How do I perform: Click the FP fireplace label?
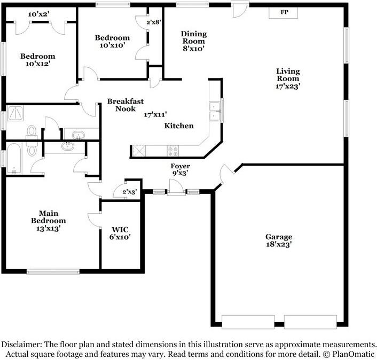pyautogui.click(x=284, y=12)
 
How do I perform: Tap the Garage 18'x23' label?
pyautogui.click(x=279, y=240)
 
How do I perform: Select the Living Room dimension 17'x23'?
pyautogui.click(x=288, y=86)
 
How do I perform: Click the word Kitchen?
pyautogui.click(x=179, y=126)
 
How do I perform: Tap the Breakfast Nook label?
pyautogui.click(x=125, y=105)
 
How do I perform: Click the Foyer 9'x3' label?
pyautogui.click(x=180, y=169)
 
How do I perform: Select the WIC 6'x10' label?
pyautogui.click(x=120, y=233)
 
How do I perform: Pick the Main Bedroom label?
pyautogui.click(x=49, y=221)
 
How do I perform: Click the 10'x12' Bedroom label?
pyautogui.click(x=38, y=60)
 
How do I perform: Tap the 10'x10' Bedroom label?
pyautogui.click(x=112, y=41)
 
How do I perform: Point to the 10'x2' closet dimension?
pyautogui.click(x=38, y=14)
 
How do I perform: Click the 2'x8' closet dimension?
pyautogui.click(x=154, y=22)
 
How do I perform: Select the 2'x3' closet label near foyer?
pyautogui.click(x=130, y=192)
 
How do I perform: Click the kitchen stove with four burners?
pyautogui.click(x=173, y=151)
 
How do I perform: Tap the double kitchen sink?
pyautogui.click(x=215, y=111)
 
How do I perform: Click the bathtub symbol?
pyautogui.click(x=14, y=159)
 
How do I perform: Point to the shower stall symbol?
pyautogui.click(x=15, y=113)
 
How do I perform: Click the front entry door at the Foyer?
pyautogui.click(x=176, y=187)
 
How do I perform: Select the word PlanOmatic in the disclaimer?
pyautogui.click(x=354, y=354)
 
